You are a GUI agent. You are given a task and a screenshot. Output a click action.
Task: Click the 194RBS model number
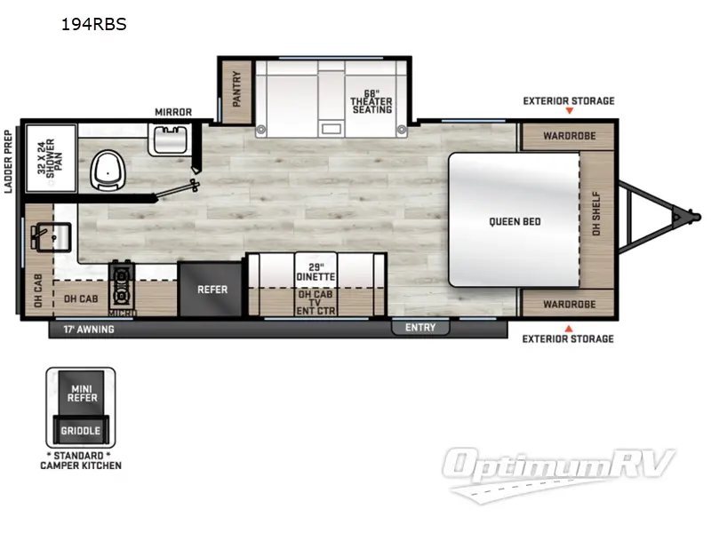pos(93,25)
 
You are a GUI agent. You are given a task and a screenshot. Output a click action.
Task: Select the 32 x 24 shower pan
pos(49,160)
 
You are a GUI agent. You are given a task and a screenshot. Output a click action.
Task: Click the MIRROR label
pos(172,113)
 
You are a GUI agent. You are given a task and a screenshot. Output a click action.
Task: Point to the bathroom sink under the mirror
pos(171,140)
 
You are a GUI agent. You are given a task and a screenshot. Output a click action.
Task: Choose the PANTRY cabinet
pos(236,90)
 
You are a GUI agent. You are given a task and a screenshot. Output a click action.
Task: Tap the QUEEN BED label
pos(515,221)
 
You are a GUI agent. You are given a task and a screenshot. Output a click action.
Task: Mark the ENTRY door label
pos(420,328)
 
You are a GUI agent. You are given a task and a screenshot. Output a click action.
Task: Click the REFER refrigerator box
pos(212,290)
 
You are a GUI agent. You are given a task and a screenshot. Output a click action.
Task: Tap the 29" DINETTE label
pos(316,272)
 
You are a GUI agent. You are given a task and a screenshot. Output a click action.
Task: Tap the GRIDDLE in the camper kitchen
pos(81,431)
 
